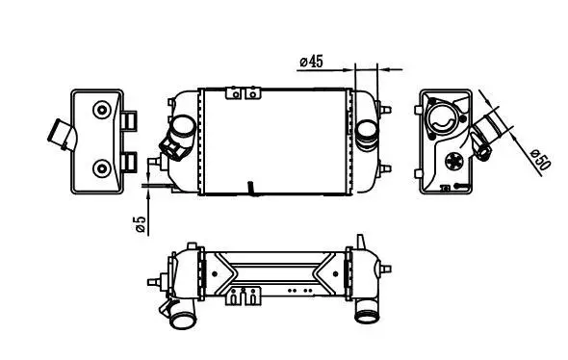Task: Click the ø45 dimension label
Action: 311,62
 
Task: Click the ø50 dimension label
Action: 540,160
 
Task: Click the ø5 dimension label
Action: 141,224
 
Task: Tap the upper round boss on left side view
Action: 101,110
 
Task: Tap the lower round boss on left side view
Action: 101,168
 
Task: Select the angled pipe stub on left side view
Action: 62,135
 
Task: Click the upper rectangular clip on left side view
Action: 129,121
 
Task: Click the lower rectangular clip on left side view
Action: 129,162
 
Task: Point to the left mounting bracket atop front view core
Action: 234,93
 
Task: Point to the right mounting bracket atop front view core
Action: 253,93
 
